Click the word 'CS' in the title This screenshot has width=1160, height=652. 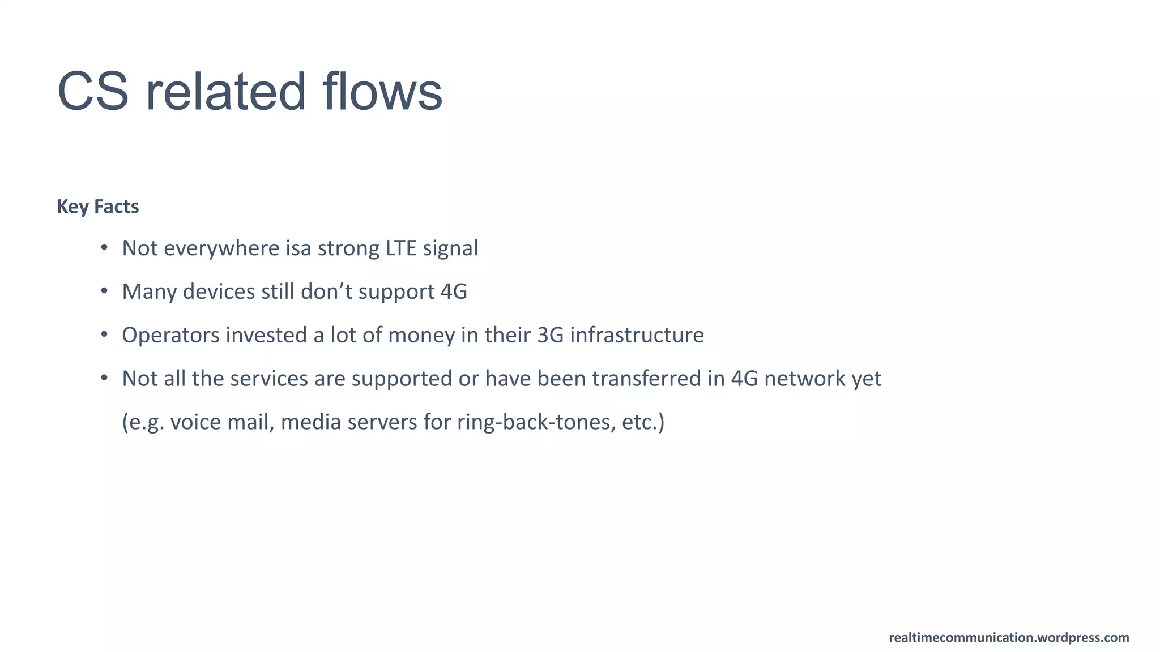pyautogui.click(x=93, y=92)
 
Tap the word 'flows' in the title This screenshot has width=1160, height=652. pyautogui.click(x=382, y=92)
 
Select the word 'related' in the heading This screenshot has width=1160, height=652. pyautogui.click(x=225, y=92)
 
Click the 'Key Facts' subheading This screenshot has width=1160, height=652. pyautogui.click(x=97, y=207)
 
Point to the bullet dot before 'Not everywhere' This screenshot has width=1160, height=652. pyautogui.click(x=104, y=247)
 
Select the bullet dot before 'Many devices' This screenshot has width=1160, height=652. pyautogui.click(x=104, y=291)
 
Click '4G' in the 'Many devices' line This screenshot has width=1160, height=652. pyautogui.click(x=454, y=292)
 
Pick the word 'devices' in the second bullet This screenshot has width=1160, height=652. pyautogui.click(x=219, y=292)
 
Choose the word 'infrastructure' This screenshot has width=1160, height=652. pyautogui.click(x=637, y=336)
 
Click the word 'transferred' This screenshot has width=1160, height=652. pyautogui.click(x=646, y=379)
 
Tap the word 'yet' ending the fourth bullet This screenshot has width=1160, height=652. pyautogui.click(x=867, y=380)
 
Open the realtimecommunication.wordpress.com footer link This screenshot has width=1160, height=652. pyautogui.click(x=1009, y=638)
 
